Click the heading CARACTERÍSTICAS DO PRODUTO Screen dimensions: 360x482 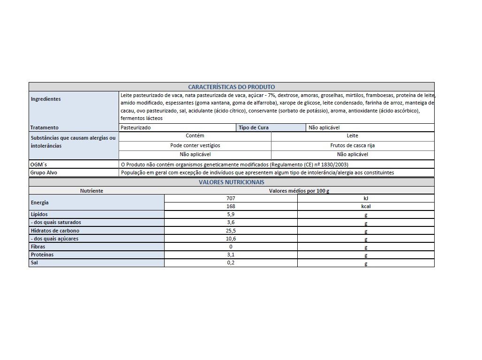click(231, 87)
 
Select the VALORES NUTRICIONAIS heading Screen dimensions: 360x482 click(231, 182)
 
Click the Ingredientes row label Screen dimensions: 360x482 click(45, 99)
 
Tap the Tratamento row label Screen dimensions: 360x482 click(44, 127)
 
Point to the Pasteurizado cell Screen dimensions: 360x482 click(136, 127)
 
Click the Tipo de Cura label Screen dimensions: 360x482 click(254, 127)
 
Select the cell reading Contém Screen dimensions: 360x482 click(195, 136)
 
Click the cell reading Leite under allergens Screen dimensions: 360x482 click(352, 136)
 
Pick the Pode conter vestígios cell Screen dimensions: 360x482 click(195, 145)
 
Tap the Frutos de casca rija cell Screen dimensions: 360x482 click(352, 145)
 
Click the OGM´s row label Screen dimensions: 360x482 click(38, 165)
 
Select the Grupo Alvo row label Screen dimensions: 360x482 click(43, 172)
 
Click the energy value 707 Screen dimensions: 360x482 click(230, 198)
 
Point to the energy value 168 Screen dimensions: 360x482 click(230, 206)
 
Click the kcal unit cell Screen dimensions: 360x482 click(366, 206)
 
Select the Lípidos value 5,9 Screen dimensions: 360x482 click(230, 214)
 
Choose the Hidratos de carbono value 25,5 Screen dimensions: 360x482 click(230, 231)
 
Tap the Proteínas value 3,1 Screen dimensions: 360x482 click(230, 255)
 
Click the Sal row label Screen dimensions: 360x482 click(34, 262)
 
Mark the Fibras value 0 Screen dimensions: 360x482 click(231, 247)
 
